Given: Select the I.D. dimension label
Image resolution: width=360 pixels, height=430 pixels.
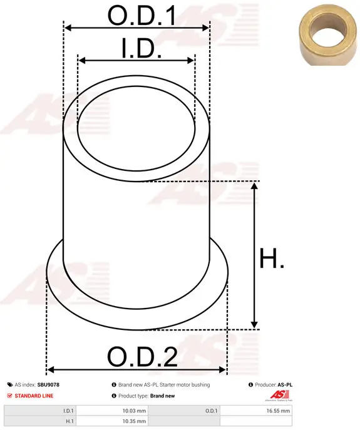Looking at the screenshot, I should click(141, 48).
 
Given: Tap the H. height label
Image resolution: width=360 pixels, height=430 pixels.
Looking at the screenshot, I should click(271, 259).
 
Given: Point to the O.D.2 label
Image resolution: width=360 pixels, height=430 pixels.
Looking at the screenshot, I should click(142, 357).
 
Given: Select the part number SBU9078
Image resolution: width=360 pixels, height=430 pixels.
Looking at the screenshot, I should click(48, 385).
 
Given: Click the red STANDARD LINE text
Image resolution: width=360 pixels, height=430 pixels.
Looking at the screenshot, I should click(34, 396).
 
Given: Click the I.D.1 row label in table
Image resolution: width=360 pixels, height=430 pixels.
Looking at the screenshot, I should click(68, 411).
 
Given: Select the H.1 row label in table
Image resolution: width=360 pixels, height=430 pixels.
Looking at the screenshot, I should click(69, 422).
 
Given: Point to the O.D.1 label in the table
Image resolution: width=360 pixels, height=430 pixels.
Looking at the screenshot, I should click(211, 411).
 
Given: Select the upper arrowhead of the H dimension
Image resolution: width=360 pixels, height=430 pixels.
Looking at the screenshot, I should click(254, 186).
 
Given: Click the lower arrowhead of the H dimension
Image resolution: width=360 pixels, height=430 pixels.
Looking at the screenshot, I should click(254, 324).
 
